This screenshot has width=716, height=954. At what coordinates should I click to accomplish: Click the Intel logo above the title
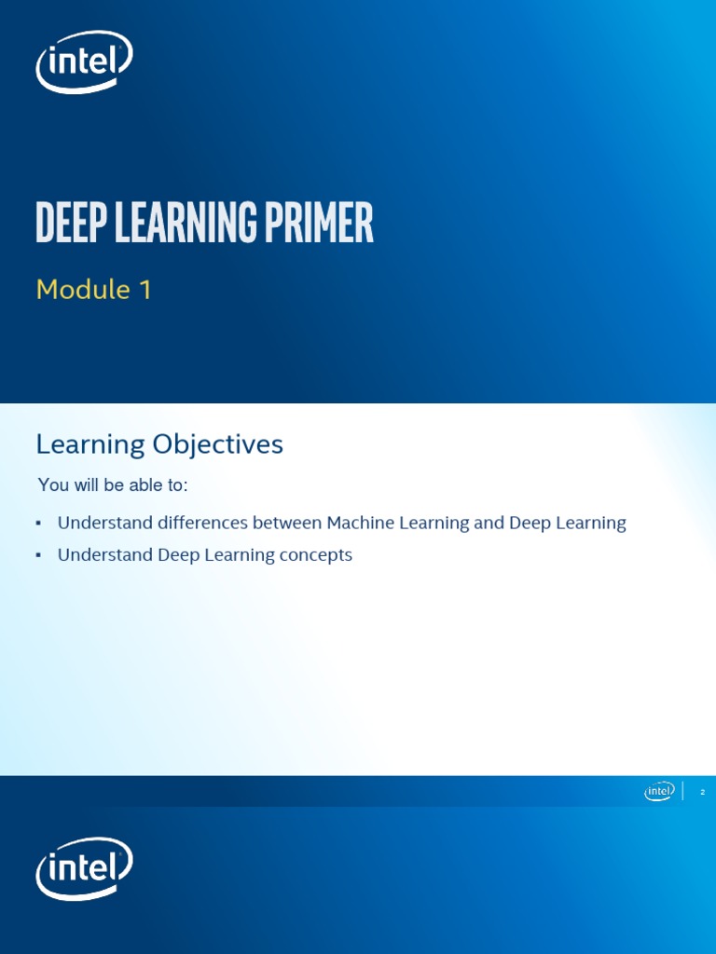point(84,62)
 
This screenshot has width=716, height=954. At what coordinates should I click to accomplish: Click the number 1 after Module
point(145,290)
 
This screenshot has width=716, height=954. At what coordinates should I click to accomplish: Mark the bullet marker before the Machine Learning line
point(38,524)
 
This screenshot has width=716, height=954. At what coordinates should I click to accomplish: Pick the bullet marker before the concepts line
point(38,555)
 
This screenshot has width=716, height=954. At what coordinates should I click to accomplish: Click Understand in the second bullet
point(104,555)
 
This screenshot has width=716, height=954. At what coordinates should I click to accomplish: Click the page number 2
point(702,792)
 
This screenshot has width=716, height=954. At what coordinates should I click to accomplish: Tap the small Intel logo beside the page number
point(659,791)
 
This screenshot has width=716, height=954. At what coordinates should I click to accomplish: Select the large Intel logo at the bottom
point(84,869)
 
